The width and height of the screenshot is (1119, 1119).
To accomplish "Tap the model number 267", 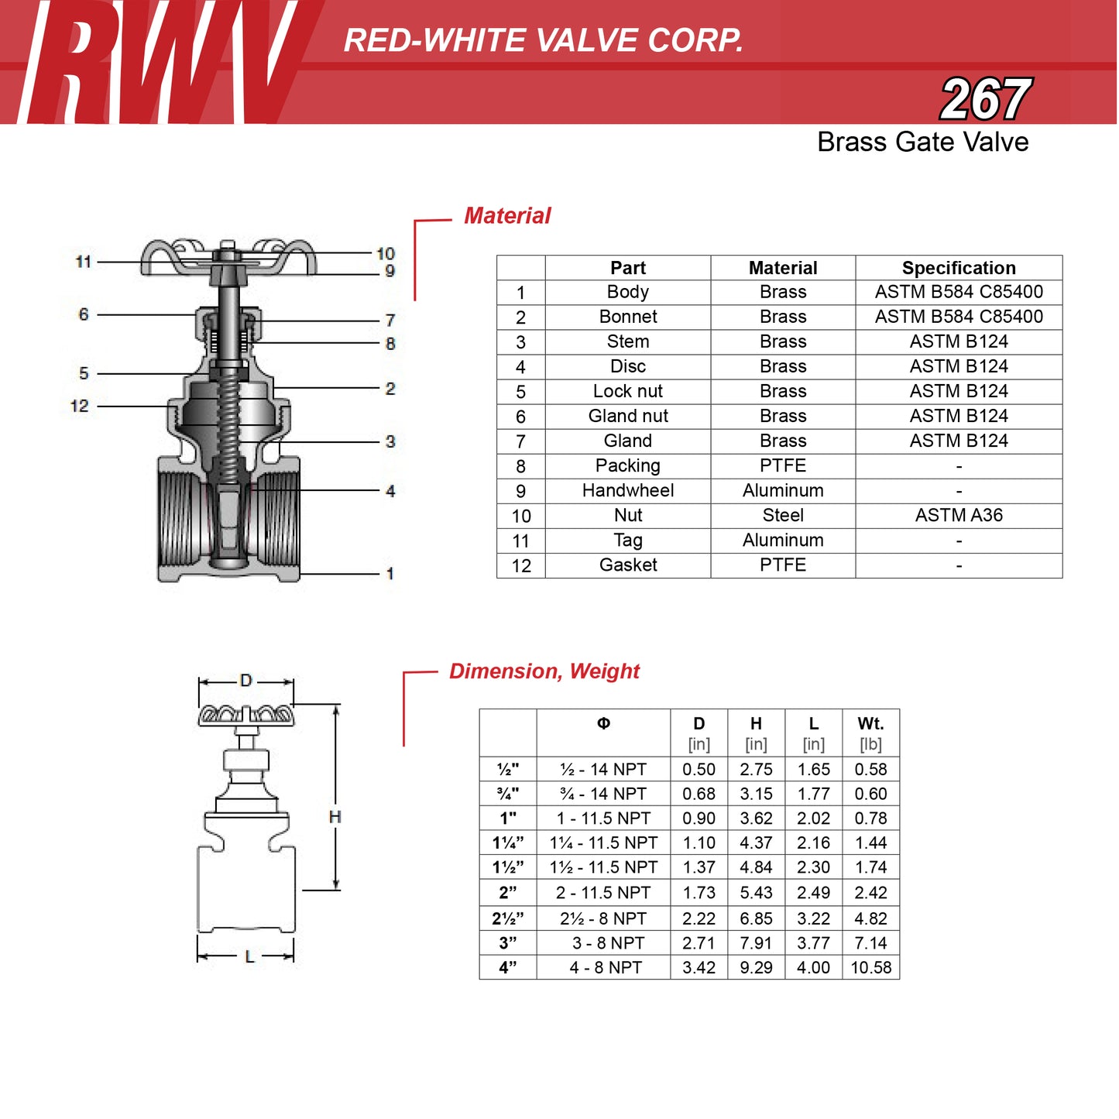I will coord(985,99).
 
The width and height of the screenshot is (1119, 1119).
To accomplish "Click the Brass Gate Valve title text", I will coord(922,142).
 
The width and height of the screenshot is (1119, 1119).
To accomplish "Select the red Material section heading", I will coord(507,216).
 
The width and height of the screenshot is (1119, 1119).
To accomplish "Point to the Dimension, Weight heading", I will coord(544,671).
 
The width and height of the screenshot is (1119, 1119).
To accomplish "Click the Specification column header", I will coord(958,268).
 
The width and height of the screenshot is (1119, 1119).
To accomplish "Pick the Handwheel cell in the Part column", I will coord(627,491).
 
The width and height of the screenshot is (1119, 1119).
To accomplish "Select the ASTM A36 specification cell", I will coord(958,516).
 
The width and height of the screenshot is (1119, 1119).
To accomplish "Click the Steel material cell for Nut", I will coord(783,516).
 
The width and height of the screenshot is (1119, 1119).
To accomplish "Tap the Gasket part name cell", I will coord(627,565).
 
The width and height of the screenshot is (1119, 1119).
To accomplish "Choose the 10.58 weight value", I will coord(870,968).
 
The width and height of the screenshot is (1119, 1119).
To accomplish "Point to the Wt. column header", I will coord(870,724).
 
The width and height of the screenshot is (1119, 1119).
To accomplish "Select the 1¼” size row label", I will coord(508,843).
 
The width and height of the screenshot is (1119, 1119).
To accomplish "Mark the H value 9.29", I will coord(756,968).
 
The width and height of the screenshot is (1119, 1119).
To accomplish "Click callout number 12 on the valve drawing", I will coord(80,406).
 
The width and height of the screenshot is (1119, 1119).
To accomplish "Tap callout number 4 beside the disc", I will coord(390,491).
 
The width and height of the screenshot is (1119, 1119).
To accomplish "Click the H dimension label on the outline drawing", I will coord(335,817).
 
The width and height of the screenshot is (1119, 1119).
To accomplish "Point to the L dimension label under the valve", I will coord(249,957).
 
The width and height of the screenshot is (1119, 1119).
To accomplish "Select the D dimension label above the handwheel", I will coord(246,681).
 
